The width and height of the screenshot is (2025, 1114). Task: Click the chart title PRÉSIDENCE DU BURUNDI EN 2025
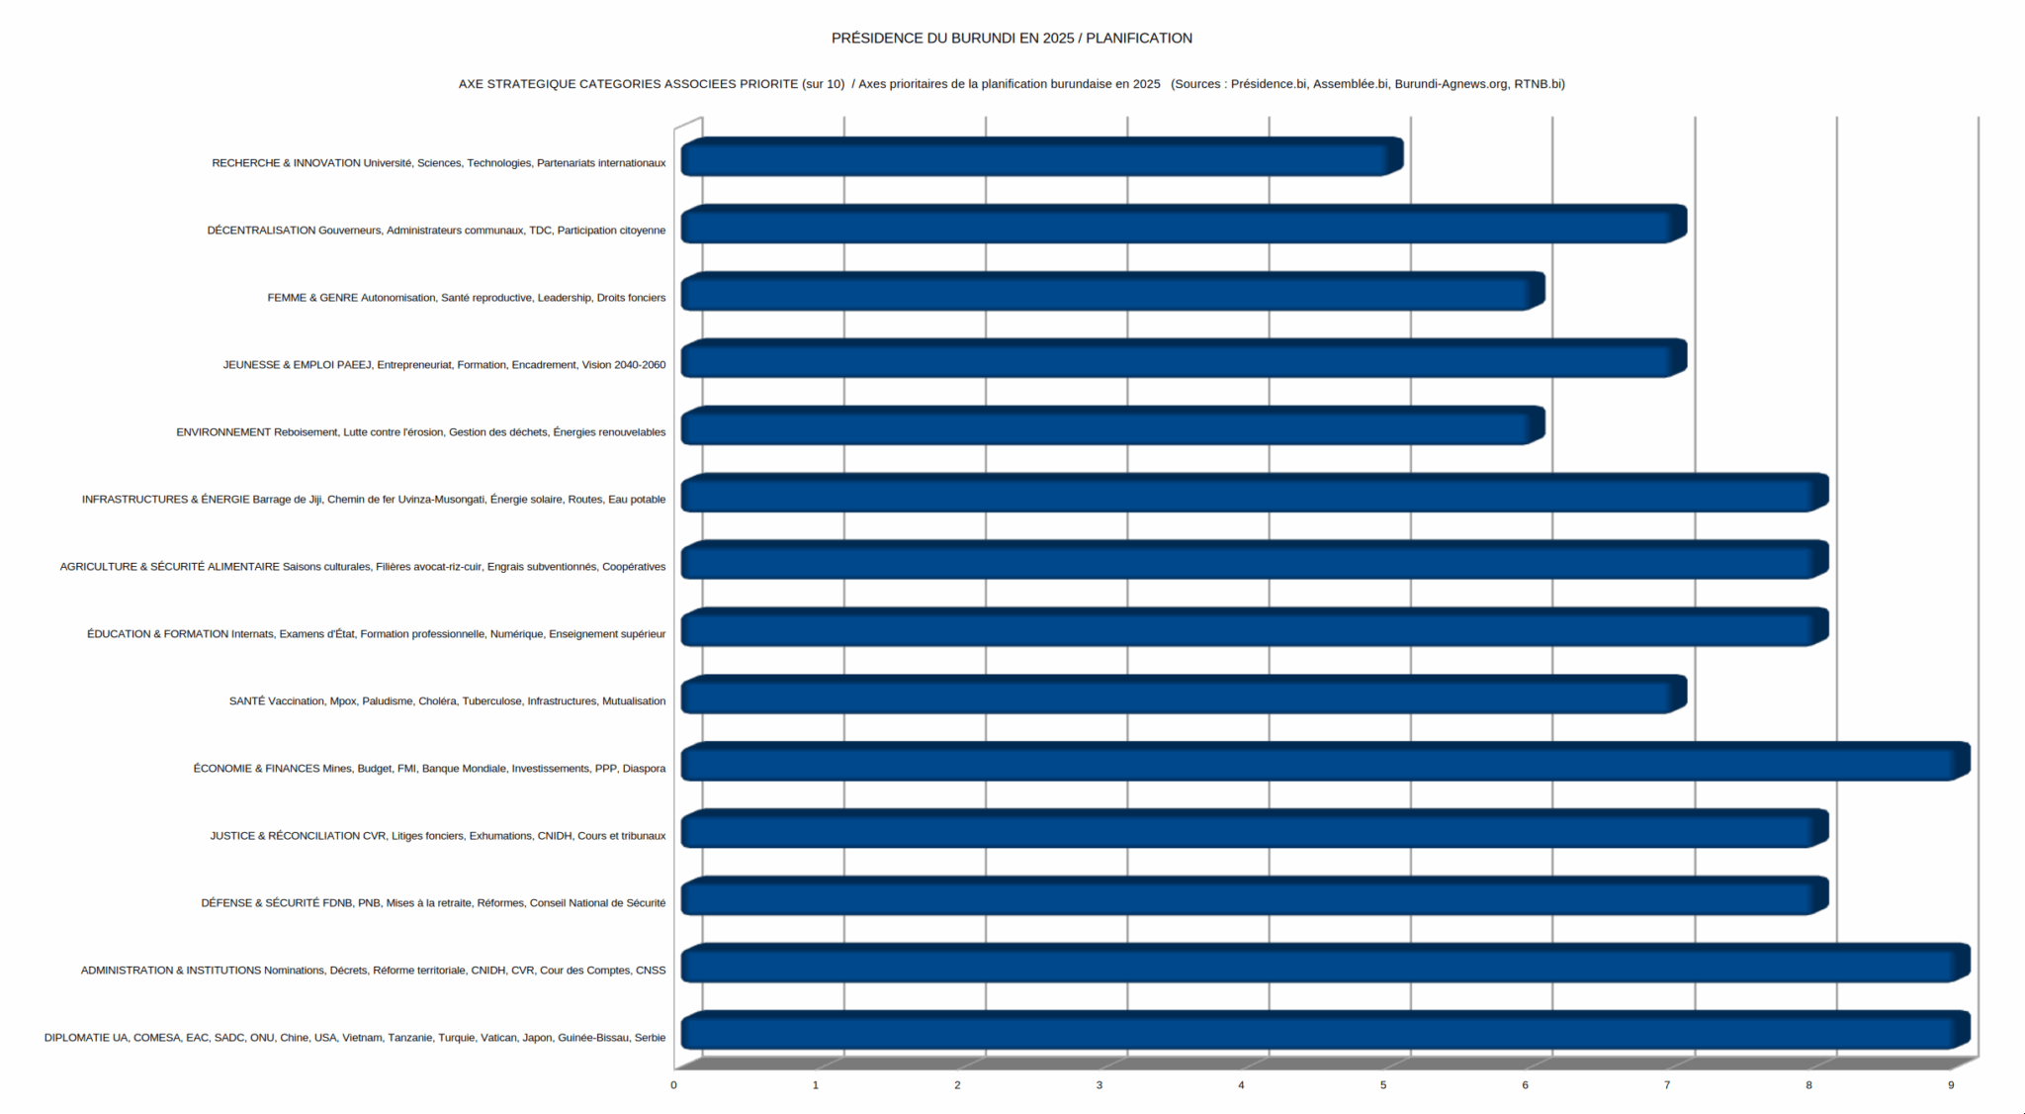coord(1012,39)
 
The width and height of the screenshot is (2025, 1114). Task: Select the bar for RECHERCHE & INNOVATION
coord(1038,158)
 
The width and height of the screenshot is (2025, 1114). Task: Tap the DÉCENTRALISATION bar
coord(1182,226)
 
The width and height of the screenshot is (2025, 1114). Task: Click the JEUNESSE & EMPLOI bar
coord(1182,360)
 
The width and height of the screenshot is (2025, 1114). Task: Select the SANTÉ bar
coord(1182,696)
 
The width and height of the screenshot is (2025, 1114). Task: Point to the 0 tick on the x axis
coord(674,1085)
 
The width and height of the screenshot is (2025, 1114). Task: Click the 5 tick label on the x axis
coord(1383,1085)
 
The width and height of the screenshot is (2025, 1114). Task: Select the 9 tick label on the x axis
coord(1951,1085)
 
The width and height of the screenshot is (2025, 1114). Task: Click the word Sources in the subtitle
coord(1197,84)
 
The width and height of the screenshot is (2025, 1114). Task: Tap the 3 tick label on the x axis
coord(1100,1085)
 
